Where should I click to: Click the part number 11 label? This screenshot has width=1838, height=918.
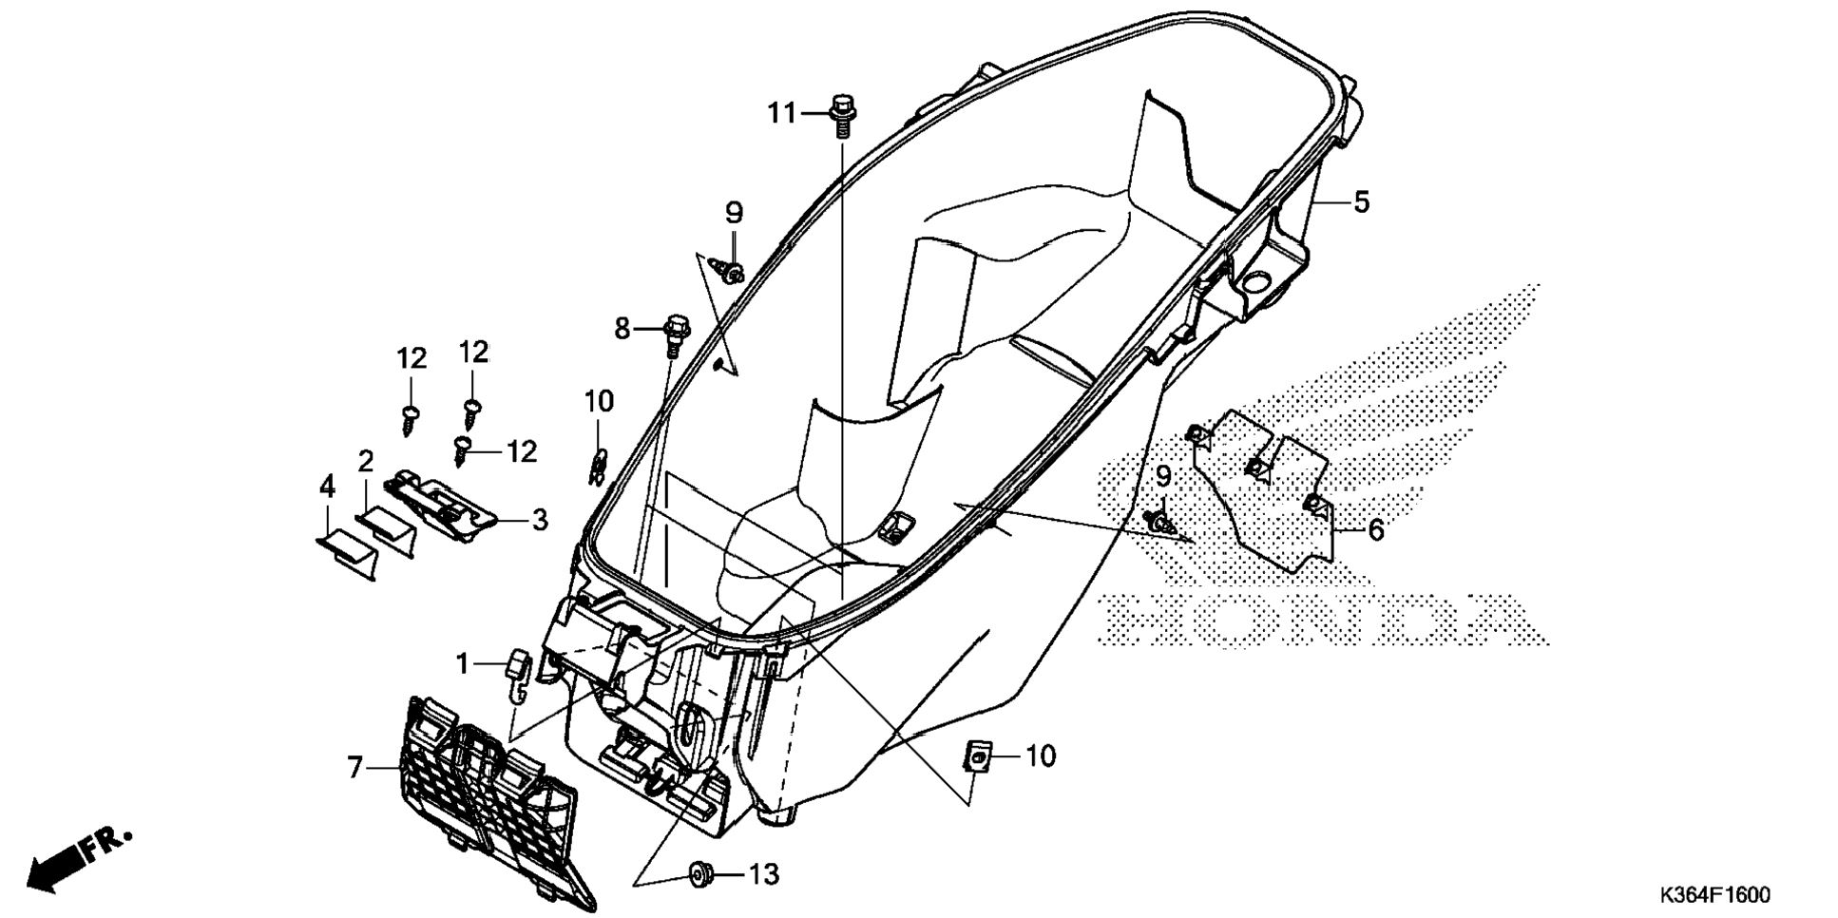[x=781, y=114]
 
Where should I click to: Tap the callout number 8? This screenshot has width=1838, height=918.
[x=622, y=329]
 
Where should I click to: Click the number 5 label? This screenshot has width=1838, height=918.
[x=1361, y=202]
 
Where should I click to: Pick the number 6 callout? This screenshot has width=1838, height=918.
[x=1375, y=530]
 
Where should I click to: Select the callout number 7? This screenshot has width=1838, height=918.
[x=354, y=767]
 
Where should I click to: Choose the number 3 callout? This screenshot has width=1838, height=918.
[x=539, y=521]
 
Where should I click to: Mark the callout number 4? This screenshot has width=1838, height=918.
[x=327, y=488]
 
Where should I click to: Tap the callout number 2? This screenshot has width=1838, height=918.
[x=366, y=463]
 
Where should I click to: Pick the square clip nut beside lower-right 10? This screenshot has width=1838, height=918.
[x=976, y=756]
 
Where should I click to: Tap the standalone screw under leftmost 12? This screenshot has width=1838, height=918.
[x=411, y=419]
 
